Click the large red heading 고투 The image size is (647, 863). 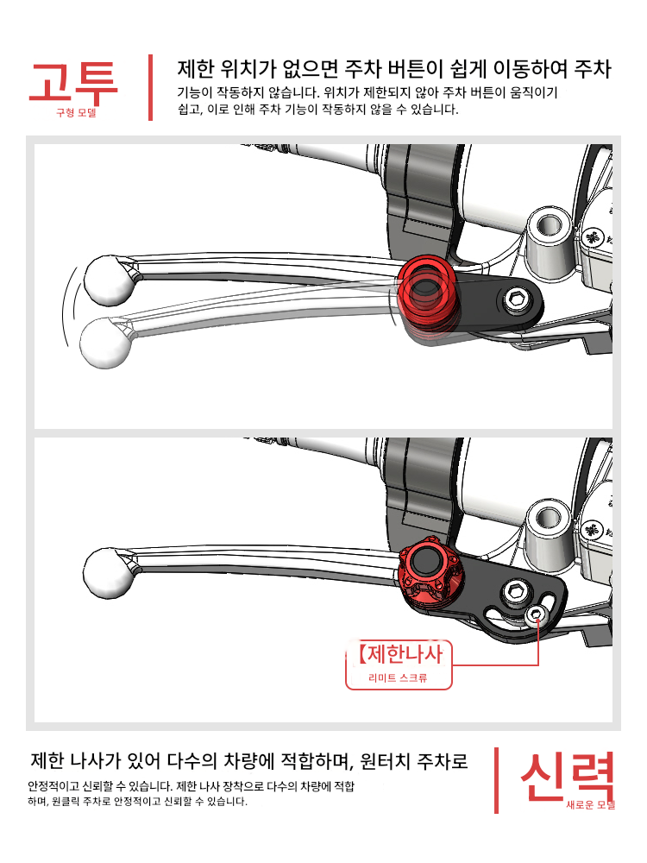point(73,83)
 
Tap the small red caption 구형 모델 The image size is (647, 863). point(76,113)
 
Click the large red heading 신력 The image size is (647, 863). point(567,776)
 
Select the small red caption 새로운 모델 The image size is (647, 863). point(590,804)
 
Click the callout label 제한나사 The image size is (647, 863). point(401,654)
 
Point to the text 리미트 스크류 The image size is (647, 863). point(398,678)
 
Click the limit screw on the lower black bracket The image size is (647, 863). point(537,615)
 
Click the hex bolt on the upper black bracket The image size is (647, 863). point(516,300)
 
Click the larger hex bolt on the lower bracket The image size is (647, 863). point(516,592)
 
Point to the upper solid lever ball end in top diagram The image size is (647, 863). point(110,280)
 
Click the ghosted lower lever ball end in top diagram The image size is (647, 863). point(106,343)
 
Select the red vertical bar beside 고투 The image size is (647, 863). point(150,87)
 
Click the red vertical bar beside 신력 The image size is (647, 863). point(496,780)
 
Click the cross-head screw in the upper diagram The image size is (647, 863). point(593,238)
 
